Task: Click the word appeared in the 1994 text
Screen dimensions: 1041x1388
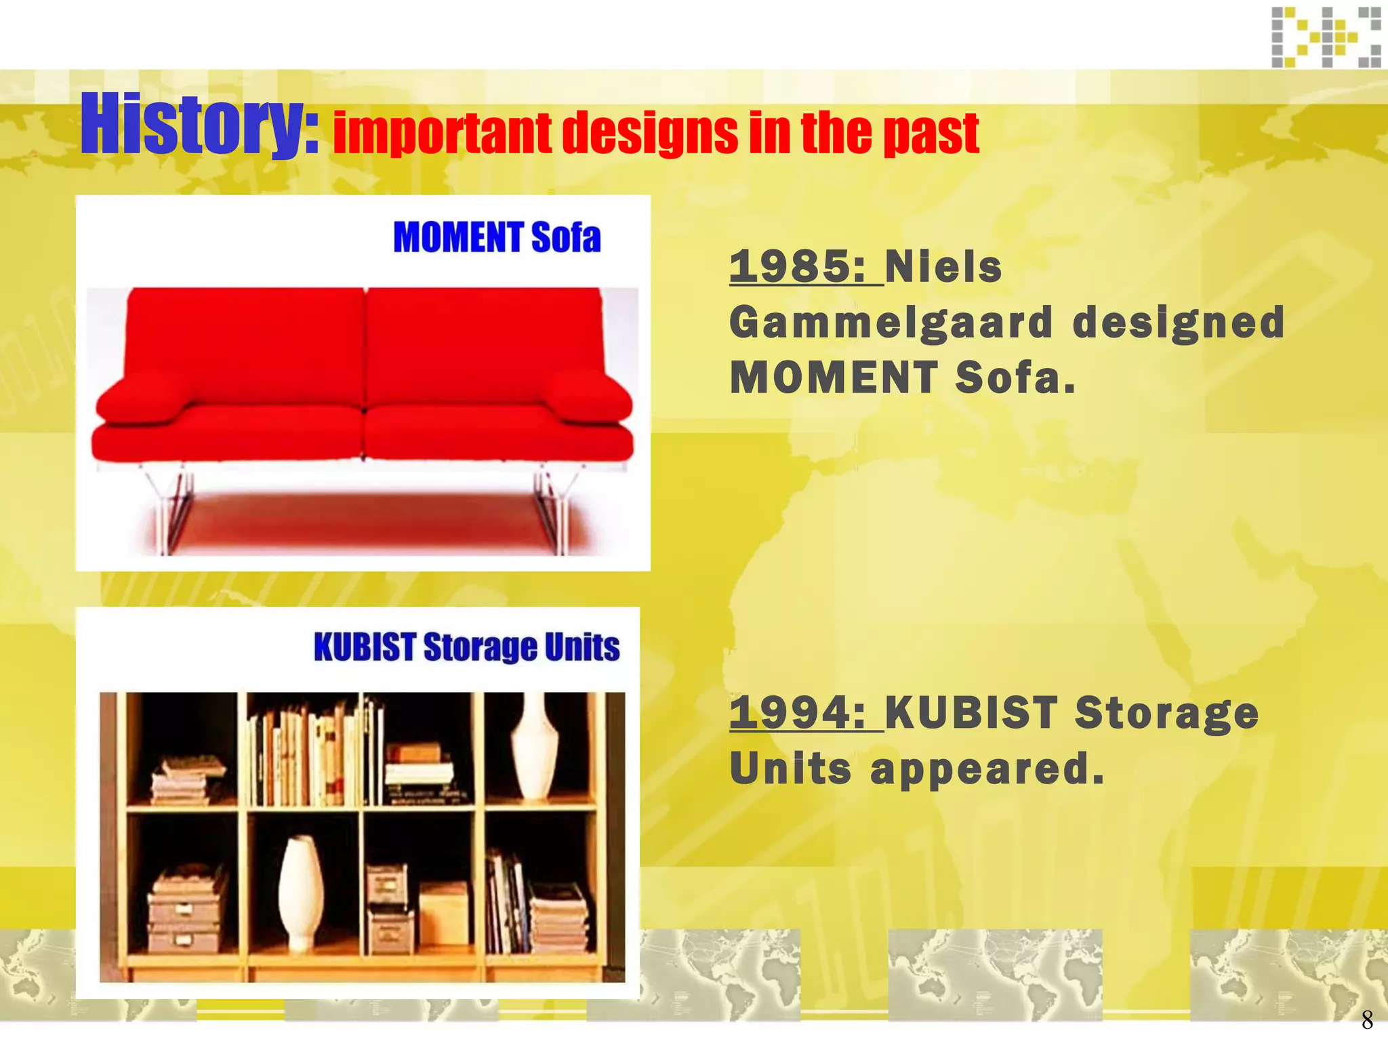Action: [987, 769]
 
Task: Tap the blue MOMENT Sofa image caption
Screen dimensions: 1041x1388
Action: [497, 238]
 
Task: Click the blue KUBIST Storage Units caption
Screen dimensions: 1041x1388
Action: [466, 647]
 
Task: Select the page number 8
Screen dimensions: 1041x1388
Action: [1366, 1019]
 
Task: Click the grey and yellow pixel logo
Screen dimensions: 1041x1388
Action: [1326, 37]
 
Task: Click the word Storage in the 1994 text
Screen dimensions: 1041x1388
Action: [1166, 712]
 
